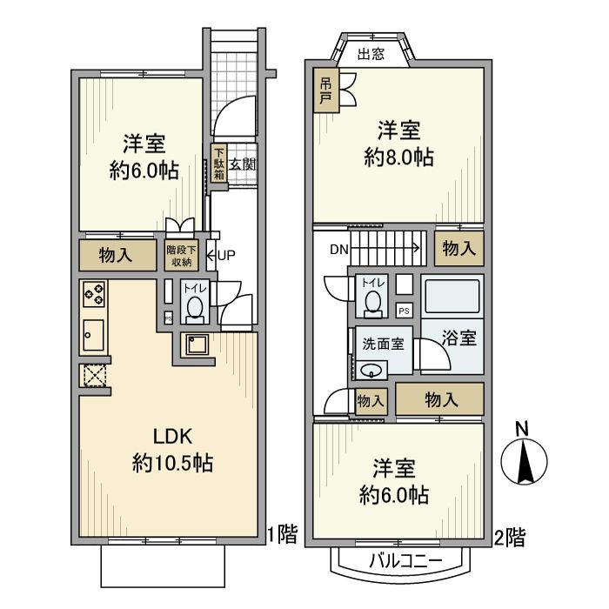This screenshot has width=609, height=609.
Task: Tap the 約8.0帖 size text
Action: click(x=398, y=157)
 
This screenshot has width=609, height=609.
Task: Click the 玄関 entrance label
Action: click(x=243, y=164)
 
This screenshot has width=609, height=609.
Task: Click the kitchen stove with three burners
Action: click(x=94, y=296)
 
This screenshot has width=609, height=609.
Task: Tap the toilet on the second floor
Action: click(x=372, y=300)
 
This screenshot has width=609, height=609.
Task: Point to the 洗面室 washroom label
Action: click(x=383, y=343)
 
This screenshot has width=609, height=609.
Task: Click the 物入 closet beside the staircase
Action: click(x=458, y=249)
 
